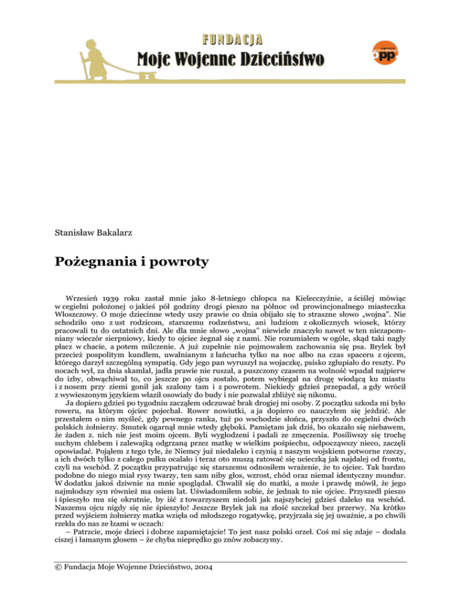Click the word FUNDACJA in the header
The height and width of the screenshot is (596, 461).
pos(232,40)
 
